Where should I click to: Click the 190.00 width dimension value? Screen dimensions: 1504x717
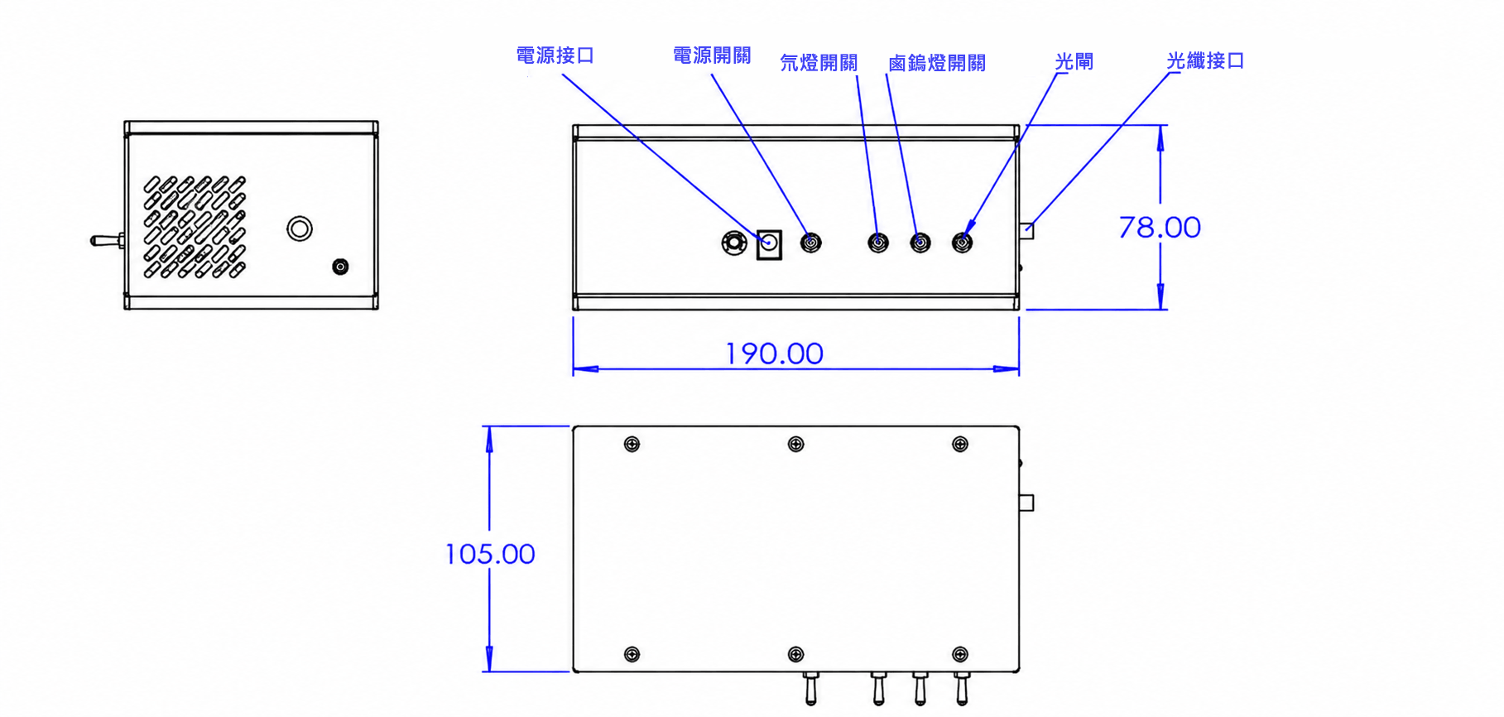(x=774, y=354)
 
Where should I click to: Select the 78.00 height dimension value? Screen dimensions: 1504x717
(x=1159, y=227)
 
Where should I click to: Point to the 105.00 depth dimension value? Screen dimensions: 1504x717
(x=490, y=554)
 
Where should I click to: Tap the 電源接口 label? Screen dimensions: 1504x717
(x=555, y=55)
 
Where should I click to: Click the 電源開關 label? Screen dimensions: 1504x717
(x=712, y=55)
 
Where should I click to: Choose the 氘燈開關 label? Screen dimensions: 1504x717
(x=819, y=63)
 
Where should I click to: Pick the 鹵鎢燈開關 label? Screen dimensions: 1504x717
(x=936, y=63)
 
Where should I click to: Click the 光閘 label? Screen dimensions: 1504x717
(x=1074, y=62)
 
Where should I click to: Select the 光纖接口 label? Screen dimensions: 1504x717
(x=1205, y=60)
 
